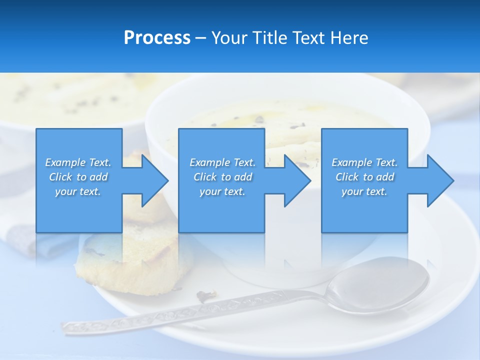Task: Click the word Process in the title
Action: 157,38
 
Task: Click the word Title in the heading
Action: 269,38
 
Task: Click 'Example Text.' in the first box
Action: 78,162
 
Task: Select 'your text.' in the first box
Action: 78,191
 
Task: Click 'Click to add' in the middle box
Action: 222,177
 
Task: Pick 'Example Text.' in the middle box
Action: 222,162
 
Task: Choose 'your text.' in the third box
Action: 364,191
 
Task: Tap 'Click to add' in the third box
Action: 364,177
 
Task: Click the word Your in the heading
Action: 229,38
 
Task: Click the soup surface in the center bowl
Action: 300,120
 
